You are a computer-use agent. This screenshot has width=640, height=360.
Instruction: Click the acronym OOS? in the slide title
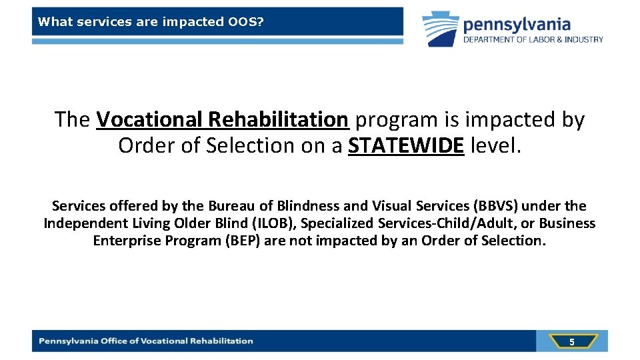tap(245, 22)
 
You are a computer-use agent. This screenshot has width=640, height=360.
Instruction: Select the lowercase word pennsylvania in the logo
tap(517, 25)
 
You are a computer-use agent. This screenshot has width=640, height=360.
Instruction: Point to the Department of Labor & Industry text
tap(533, 40)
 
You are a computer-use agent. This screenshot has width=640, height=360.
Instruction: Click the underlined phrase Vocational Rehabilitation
tap(222, 119)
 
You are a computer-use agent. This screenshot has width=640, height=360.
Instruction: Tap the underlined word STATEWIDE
tap(405, 145)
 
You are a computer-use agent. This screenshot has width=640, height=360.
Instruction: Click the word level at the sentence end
tap(495, 145)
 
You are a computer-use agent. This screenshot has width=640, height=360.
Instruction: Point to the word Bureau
tap(230, 206)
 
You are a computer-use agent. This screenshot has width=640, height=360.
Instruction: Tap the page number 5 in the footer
tap(571, 342)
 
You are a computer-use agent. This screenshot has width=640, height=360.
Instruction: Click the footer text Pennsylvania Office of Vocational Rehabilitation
tap(146, 341)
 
